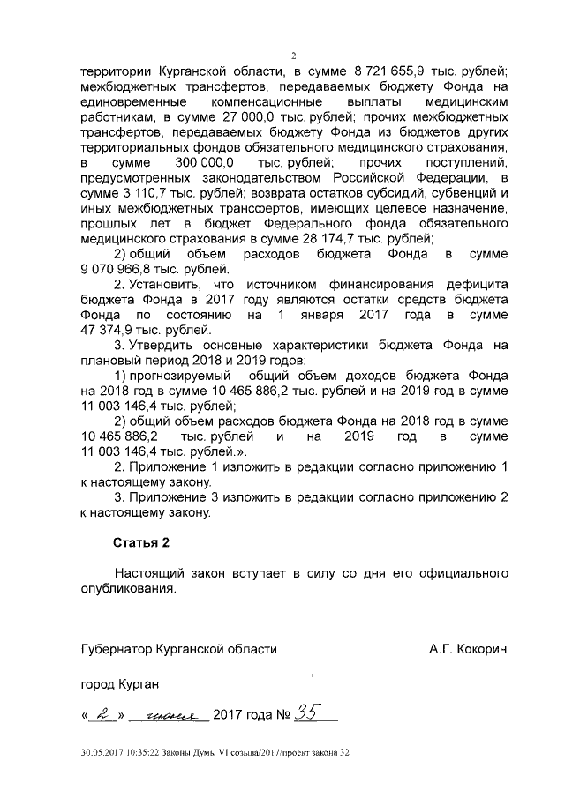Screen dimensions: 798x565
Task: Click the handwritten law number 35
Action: [x=307, y=713]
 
